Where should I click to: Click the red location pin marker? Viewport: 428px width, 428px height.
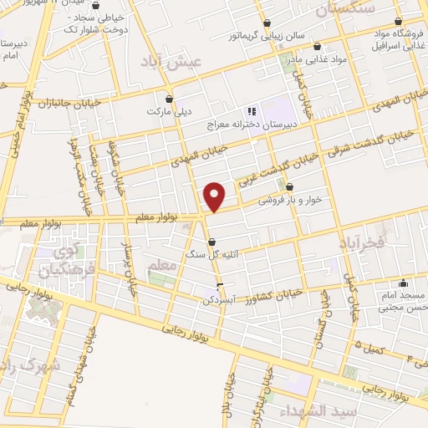tap(215, 196)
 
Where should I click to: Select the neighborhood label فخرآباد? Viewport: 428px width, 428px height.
tap(362, 242)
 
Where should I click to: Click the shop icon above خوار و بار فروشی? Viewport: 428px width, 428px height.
tap(289, 187)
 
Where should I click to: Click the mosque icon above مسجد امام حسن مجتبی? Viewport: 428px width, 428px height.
tap(404, 283)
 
